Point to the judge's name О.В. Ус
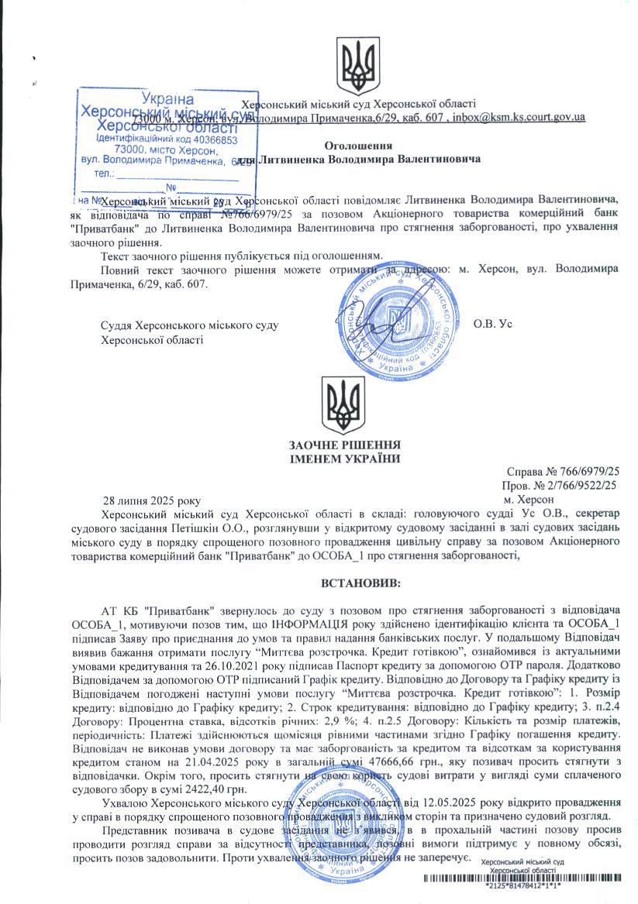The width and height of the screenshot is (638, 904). point(493,324)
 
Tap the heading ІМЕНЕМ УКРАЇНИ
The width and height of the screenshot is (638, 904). point(344,459)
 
